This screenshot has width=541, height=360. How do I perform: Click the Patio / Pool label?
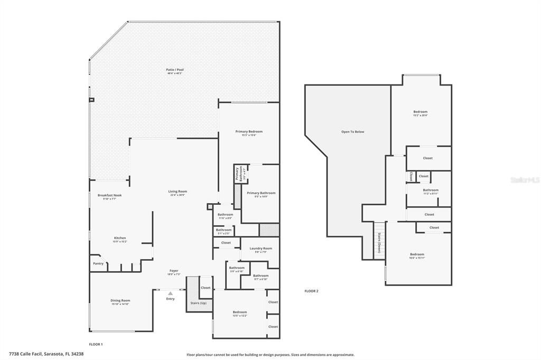click(x=175, y=70)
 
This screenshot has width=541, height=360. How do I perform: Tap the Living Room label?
click(x=178, y=192)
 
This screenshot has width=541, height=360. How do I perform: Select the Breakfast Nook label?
click(x=109, y=196)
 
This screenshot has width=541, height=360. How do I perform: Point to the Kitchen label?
click(x=120, y=239)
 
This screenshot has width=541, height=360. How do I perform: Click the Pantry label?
click(x=98, y=263)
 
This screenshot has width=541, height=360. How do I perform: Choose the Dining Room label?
click(x=120, y=301)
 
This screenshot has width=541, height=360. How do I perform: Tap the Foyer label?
click(x=174, y=271)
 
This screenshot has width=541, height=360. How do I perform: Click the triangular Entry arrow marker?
click(x=170, y=293)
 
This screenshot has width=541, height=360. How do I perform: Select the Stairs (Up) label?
click(x=198, y=303)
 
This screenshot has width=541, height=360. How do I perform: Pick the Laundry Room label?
click(x=260, y=249)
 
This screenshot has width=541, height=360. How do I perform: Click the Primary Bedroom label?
click(x=249, y=132)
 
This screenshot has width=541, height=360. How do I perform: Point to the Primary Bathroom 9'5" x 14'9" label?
click(x=260, y=194)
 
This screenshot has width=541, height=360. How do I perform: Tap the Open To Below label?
click(x=352, y=131)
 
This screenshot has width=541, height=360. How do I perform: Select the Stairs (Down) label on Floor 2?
click(x=378, y=243)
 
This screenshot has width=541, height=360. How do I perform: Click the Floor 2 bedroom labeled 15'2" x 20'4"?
click(x=420, y=112)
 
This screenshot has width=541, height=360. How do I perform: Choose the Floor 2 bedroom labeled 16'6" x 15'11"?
click(x=416, y=255)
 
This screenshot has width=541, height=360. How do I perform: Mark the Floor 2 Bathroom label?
click(x=430, y=191)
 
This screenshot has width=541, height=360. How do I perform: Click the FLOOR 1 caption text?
click(x=96, y=344)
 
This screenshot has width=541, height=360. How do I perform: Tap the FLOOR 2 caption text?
click(x=311, y=291)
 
